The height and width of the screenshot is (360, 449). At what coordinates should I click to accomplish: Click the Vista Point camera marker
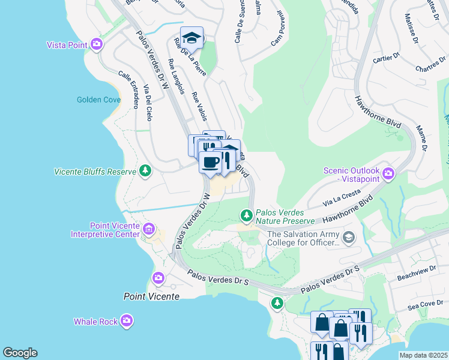[97, 44]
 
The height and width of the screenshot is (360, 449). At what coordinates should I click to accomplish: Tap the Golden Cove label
[98, 100]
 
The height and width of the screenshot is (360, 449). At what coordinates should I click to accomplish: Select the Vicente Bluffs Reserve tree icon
[145, 172]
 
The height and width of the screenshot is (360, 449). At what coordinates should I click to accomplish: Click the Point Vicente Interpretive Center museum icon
[149, 229]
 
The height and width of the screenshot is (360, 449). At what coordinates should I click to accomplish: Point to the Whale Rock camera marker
[127, 321]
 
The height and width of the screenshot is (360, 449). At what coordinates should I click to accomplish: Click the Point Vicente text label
[151, 296]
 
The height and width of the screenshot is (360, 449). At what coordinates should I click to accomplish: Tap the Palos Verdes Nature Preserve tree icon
[246, 215]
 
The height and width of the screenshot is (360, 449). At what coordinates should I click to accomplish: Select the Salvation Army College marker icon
[348, 238]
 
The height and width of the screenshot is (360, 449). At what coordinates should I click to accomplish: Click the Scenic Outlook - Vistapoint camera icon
[388, 174]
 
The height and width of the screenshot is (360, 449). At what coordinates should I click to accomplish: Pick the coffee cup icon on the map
[211, 162]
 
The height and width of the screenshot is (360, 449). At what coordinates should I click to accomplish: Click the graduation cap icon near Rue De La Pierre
[191, 38]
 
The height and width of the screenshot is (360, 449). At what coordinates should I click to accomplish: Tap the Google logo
[20, 353]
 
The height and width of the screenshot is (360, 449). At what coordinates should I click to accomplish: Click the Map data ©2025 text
[423, 355]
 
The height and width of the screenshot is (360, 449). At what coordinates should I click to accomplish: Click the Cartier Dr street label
[386, 58]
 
